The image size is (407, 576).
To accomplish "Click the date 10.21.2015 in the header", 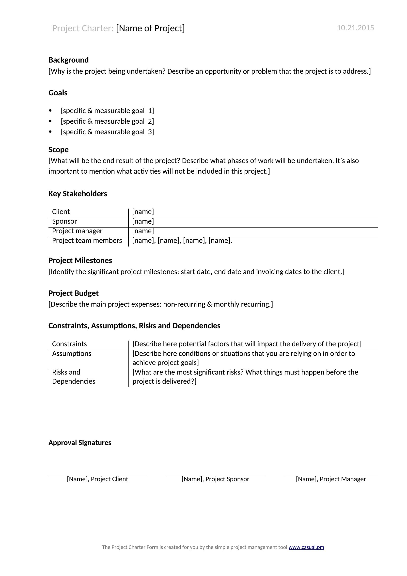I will click(355, 28).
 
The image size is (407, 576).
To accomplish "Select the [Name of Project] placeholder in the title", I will click(150, 28).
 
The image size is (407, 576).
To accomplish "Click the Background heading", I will click(68, 60).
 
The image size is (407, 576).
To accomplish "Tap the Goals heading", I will click(58, 93).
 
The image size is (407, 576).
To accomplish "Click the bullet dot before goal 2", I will click(50, 121).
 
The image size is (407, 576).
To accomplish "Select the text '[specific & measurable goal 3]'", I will click(107, 132).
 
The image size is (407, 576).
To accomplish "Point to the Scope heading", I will click(58, 149).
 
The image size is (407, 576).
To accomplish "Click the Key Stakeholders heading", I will click(78, 194).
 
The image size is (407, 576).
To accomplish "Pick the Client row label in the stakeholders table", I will click(61, 212).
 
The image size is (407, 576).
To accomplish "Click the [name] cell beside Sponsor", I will click(143, 221).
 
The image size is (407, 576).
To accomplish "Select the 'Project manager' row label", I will click(77, 231).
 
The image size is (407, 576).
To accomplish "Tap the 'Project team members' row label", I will click(87, 241).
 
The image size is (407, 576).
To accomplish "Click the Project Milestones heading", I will click(80, 260).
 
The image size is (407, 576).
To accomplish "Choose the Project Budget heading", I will click(73, 293).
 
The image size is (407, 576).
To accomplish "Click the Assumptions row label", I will click(72, 353).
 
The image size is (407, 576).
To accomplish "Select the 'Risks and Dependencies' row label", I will click(73, 377).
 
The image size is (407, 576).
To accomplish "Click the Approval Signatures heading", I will click(80, 443).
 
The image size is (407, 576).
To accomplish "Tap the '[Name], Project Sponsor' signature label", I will click(215, 479).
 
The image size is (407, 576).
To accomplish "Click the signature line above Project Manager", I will click(331, 476).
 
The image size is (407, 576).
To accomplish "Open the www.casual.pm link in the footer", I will click(306, 547).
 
